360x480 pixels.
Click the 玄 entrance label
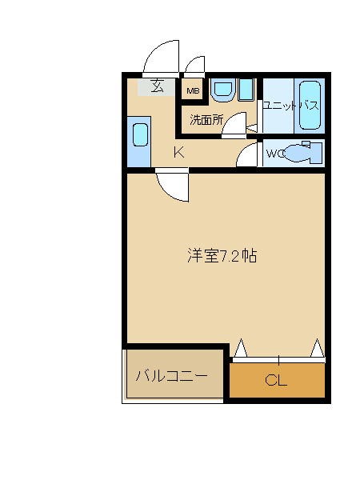coord(158,86)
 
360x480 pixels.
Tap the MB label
coord(193,91)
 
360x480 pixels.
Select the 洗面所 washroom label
coord(206,120)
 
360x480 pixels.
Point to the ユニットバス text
coord(291,106)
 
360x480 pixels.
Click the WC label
coord(274,153)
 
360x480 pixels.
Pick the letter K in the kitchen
coord(179,152)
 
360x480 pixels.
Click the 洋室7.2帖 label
coord(222,256)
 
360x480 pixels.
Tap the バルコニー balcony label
coord(171,375)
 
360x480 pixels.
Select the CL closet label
coord(276,380)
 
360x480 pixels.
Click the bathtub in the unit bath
coord(310,106)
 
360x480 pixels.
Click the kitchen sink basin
coord(141,134)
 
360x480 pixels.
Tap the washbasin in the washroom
coord(223,90)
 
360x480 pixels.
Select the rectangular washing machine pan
coord(246,90)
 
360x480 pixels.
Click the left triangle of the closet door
coord(241,348)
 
